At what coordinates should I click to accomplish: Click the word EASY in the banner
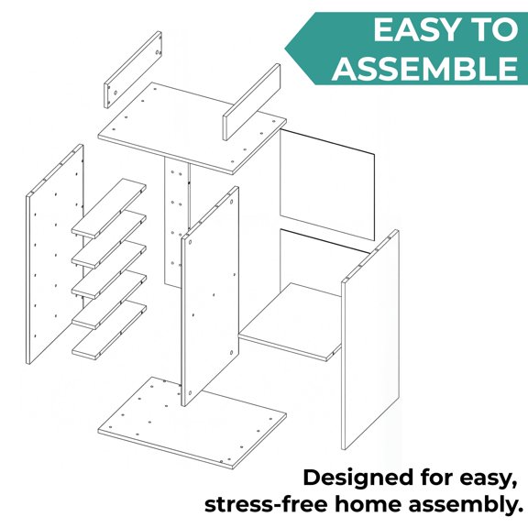(413, 30)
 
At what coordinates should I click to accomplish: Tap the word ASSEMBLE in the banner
(425, 68)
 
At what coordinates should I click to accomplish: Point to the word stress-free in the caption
(266, 505)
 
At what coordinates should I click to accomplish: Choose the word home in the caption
(368, 504)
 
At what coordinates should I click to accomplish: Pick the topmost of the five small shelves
(109, 208)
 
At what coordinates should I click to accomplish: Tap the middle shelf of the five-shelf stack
(109, 269)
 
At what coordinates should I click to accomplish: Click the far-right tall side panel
(370, 339)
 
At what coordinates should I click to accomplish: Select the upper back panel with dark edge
(327, 185)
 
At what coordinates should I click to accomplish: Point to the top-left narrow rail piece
(133, 70)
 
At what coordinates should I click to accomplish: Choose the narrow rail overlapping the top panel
(251, 102)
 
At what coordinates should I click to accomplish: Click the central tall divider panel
(210, 296)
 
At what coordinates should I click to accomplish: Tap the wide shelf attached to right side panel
(291, 322)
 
